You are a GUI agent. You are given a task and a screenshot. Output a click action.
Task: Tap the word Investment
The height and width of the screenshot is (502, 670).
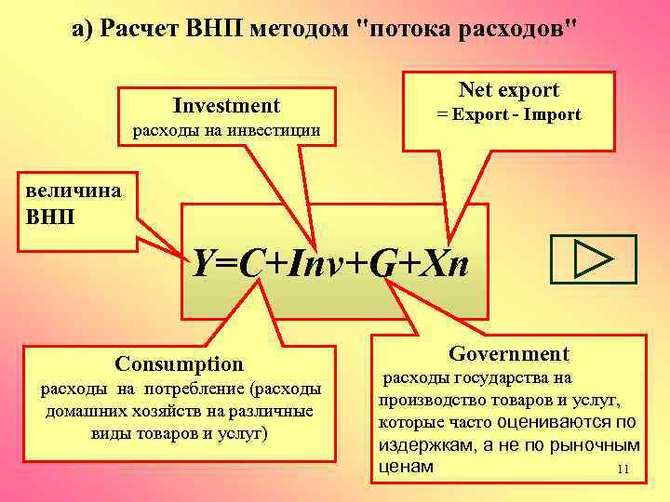click(226, 106)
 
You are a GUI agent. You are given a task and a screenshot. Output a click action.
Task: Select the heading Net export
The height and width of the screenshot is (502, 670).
click(509, 90)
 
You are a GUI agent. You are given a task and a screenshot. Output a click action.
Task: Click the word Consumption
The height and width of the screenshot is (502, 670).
click(179, 363)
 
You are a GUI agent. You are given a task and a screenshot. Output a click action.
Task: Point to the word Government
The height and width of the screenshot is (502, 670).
click(508, 353)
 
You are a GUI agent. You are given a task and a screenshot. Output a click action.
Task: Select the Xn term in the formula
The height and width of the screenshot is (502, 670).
click(442, 267)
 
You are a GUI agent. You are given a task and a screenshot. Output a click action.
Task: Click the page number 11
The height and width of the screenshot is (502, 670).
click(623, 469)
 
